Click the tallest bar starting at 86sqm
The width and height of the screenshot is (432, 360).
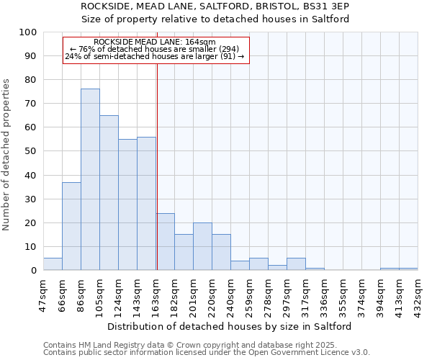pyautogui.click(x=90, y=179)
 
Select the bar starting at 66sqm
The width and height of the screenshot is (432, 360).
pyautogui.click(x=71, y=226)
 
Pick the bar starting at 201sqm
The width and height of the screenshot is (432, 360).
pyautogui.click(x=202, y=246)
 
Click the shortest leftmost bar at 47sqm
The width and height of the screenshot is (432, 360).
pyautogui.click(x=53, y=264)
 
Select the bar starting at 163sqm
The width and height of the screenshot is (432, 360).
pyautogui.click(x=165, y=241)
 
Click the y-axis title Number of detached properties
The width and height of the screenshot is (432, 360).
pyautogui.click(x=7, y=154)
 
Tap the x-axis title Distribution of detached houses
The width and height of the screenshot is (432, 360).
pyautogui.click(x=234, y=326)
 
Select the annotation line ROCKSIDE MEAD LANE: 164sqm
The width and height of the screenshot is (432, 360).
pyautogui.click(x=155, y=42)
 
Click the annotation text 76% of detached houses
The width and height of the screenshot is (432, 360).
pyautogui.click(x=155, y=49)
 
